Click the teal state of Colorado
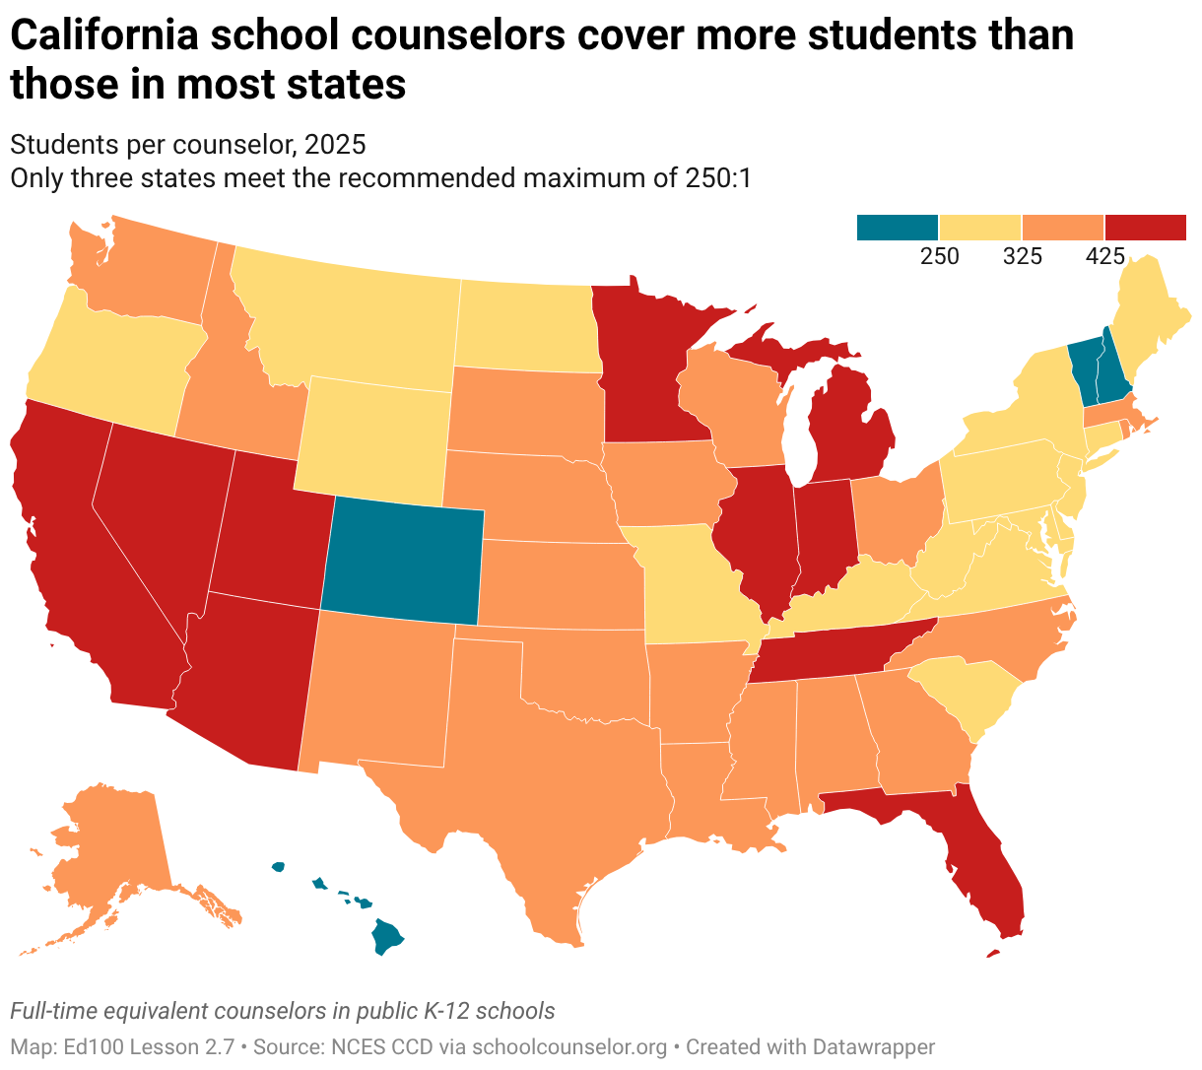[x=403, y=561]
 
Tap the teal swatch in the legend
[x=897, y=228]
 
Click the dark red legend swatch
[x=1145, y=228]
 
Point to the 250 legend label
[x=939, y=256]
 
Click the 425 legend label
[x=1104, y=256]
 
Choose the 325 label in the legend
[x=1023, y=256]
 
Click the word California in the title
[x=104, y=35]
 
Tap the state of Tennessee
[x=842, y=649]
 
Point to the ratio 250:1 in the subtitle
[x=718, y=178]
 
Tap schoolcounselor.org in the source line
[x=569, y=1047]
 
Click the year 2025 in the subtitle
[x=335, y=144]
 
